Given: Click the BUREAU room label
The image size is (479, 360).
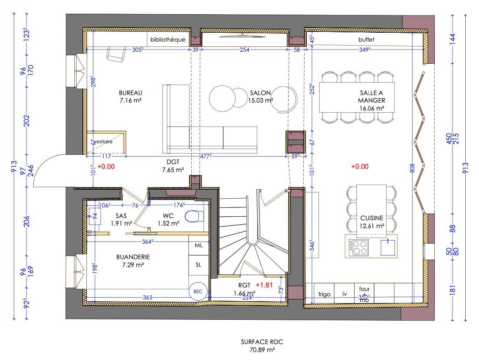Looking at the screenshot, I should click(x=130, y=93).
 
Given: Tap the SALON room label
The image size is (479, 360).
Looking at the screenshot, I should click(x=260, y=93).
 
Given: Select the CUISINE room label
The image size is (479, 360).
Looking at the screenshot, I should click(x=371, y=218).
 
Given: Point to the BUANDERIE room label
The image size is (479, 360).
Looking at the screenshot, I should click(x=133, y=257).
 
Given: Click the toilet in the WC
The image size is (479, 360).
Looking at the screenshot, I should click(x=193, y=216).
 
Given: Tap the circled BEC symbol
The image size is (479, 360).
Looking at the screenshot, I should click(x=198, y=291).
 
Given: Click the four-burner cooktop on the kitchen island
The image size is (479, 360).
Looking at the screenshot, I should click(x=358, y=247).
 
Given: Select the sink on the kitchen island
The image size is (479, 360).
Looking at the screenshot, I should click(x=388, y=246).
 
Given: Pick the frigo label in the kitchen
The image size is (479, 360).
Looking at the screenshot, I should click(x=324, y=294).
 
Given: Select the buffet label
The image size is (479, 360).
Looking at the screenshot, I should click(x=366, y=40).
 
